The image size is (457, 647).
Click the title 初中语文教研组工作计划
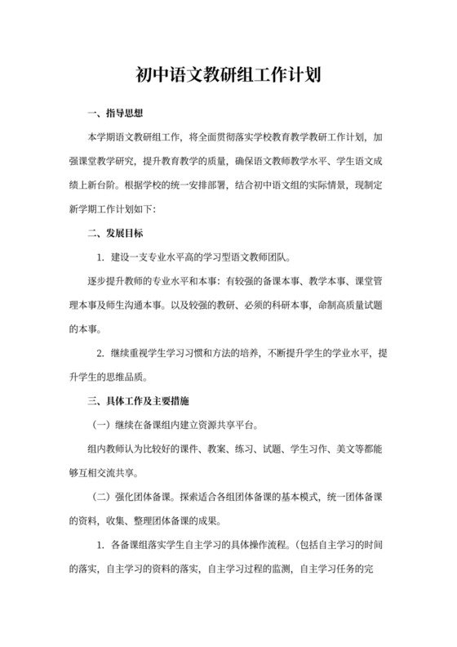(228, 77)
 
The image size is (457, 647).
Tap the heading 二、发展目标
(116, 233)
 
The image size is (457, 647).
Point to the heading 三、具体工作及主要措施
(138, 402)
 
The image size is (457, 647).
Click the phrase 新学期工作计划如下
(113, 208)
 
